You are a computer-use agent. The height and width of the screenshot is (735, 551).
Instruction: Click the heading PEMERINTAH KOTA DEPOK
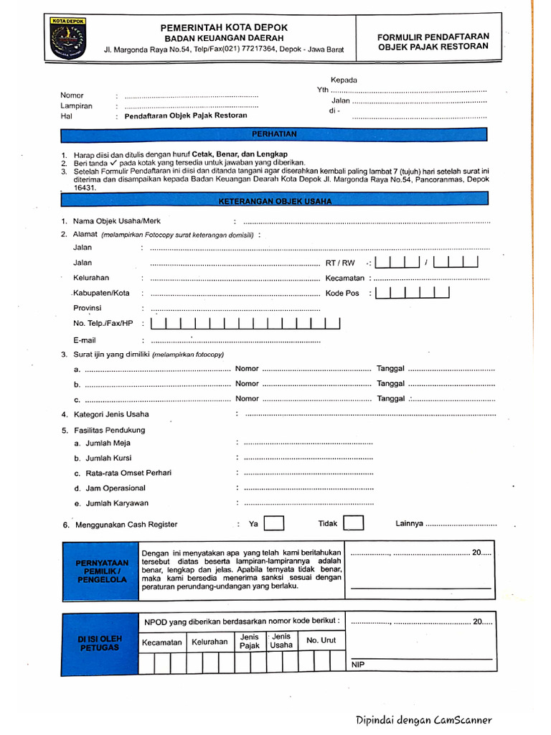pyautogui.click(x=224, y=27)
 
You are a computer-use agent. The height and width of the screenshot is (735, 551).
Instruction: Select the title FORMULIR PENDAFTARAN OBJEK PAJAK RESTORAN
pyautogui.click(x=433, y=41)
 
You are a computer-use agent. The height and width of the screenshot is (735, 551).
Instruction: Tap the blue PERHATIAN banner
pyautogui.click(x=273, y=134)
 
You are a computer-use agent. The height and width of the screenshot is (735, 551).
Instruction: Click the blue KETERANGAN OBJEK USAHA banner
pyautogui.click(x=273, y=202)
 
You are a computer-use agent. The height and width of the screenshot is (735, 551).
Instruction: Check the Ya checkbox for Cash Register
pyautogui.click(x=274, y=523)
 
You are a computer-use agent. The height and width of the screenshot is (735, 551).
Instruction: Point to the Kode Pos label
pyautogui.click(x=342, y=293)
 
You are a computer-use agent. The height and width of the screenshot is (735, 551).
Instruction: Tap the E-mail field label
pyautogui.click(x=84, y=340)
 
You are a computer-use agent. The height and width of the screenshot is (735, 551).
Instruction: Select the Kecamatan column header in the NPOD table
pyautogui.click(x=161, y=642)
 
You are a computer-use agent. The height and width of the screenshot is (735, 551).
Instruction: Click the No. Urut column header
pyautogui.click(x=321, y=640)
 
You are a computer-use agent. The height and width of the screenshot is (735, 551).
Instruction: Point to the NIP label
pyautogui.click(x=358, y=665)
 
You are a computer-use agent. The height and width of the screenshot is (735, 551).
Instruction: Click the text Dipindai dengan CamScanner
pyautogui.click(x=423, y=720)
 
